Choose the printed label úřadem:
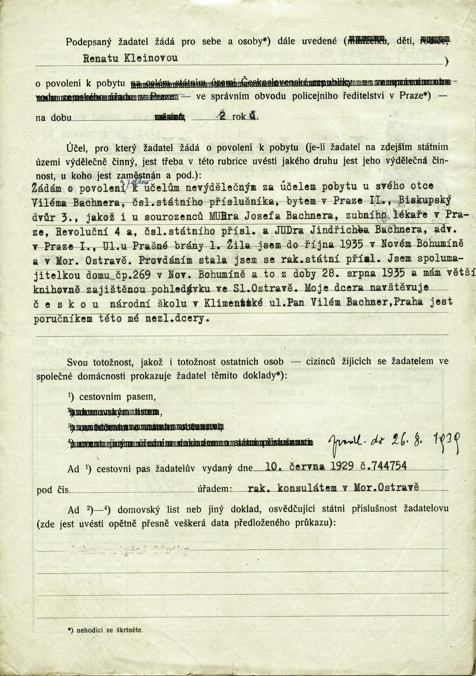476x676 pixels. (211, 489)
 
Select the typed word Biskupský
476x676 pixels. (419, 200)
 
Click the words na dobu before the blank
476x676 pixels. (51, 117)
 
